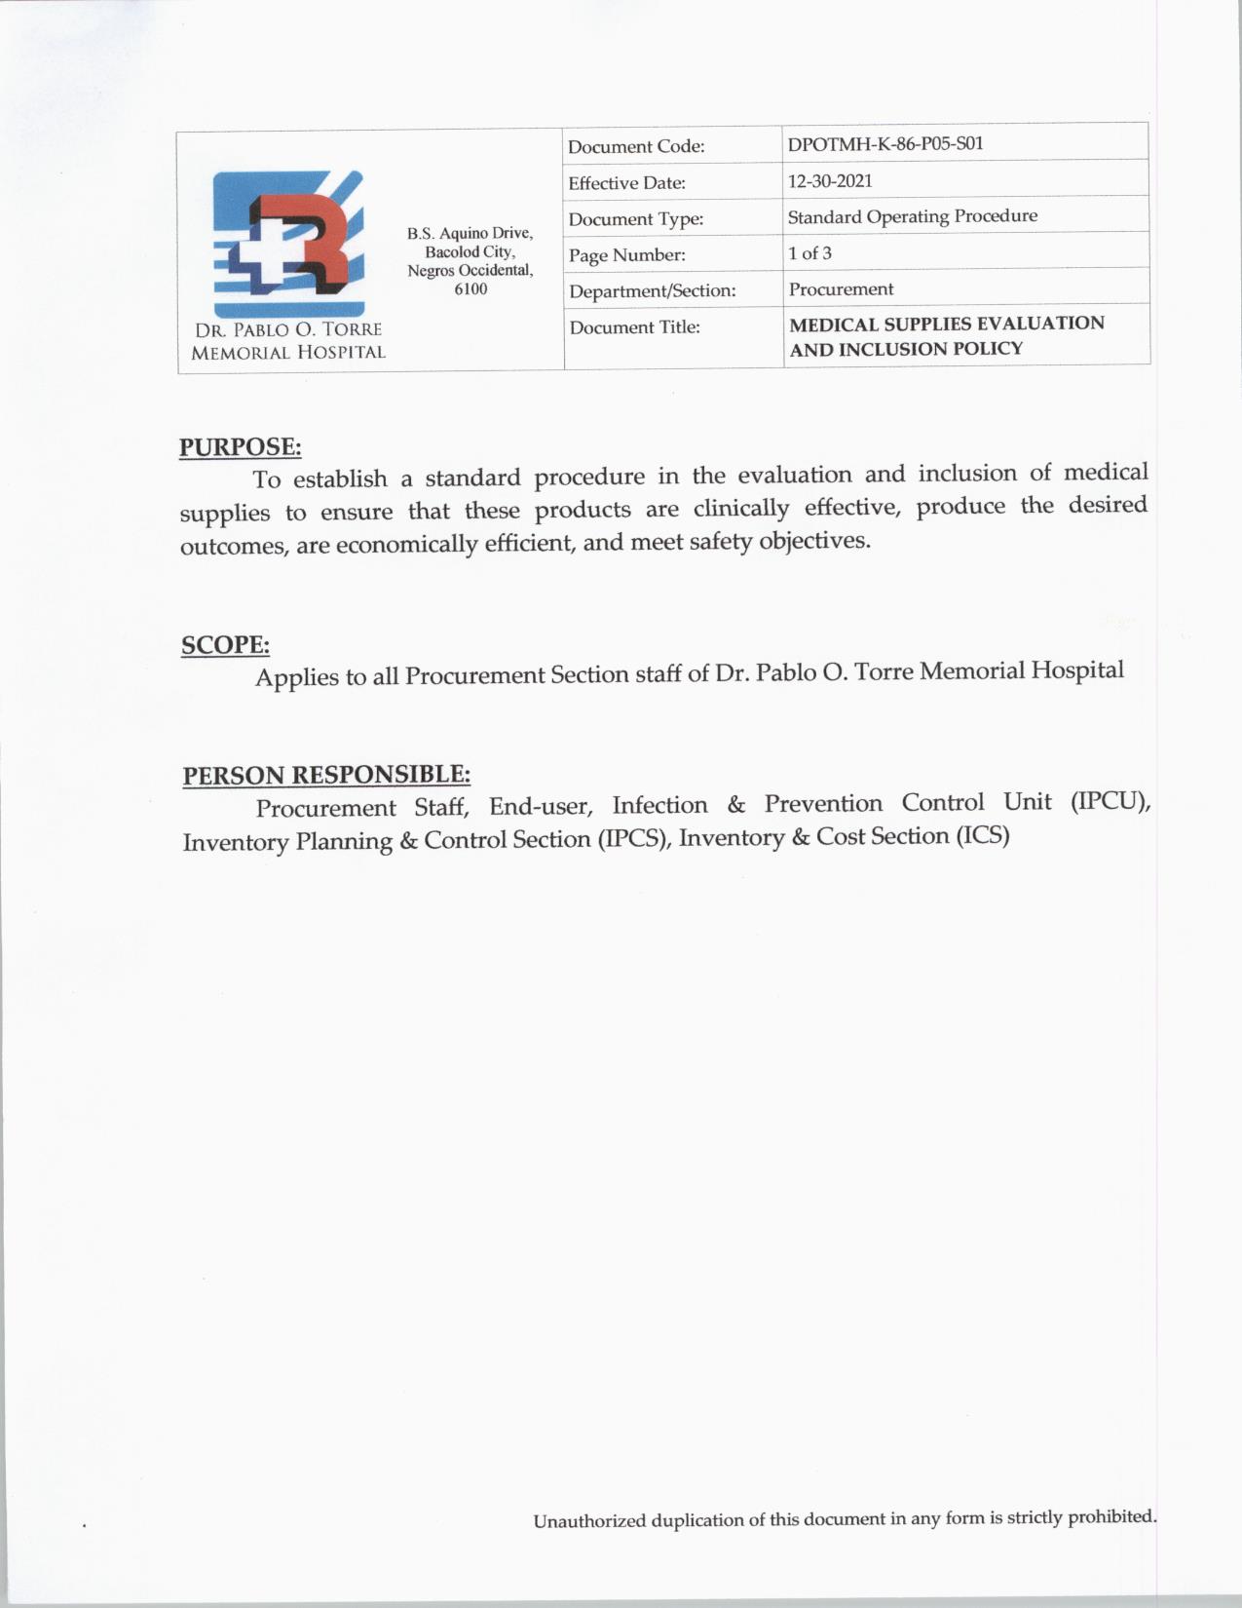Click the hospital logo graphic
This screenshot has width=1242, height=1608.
point(289,237)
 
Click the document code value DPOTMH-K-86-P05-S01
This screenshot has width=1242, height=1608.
point(884,144)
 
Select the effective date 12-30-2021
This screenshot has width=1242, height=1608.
point(829,181)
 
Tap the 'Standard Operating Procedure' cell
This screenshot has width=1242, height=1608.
point(912,216)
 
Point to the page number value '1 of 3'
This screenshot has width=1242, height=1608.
point(809,253)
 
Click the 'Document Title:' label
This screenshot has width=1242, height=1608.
point(634,327)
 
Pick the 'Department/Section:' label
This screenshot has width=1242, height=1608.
point(652,290)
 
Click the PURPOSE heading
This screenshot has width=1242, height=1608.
point(240,447)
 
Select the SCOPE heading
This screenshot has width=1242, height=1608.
point(225,645)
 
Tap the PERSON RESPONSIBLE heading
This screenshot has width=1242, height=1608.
point(326,776)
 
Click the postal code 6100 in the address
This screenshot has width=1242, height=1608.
point(470,289)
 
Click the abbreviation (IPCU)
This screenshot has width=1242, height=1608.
point(1110,802)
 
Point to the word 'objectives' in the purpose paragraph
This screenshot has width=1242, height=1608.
point(814,540)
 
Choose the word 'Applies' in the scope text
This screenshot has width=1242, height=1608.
point(297,677)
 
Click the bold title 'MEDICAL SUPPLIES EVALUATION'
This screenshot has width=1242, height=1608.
point(947,324)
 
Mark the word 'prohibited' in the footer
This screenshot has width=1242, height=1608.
point(1110,1516)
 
